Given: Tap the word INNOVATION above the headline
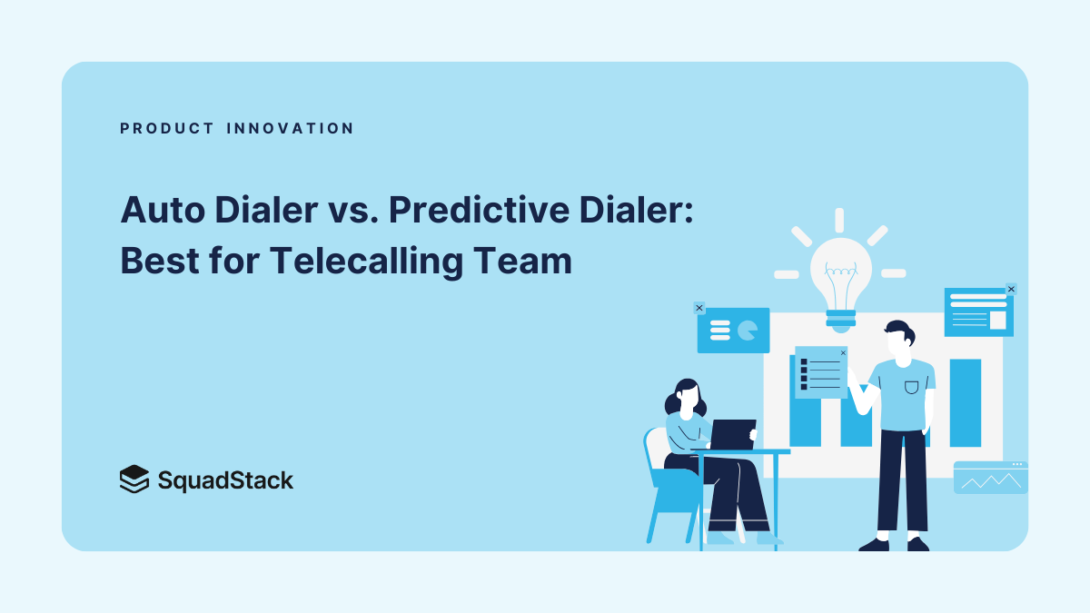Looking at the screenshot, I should (290, 129).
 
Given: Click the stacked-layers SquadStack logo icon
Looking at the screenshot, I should (134, 479).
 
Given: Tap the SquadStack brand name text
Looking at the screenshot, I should (225, 480).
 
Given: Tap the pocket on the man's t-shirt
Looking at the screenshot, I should (911, 388).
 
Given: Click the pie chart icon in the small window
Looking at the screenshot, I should (748, 331).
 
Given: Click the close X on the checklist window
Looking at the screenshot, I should (843, 352).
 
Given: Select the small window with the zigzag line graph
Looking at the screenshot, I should (990, 478).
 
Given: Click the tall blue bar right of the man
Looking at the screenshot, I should (966, 402).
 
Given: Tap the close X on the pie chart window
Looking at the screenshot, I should (699, 308).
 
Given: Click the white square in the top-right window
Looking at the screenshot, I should (997, 320).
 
